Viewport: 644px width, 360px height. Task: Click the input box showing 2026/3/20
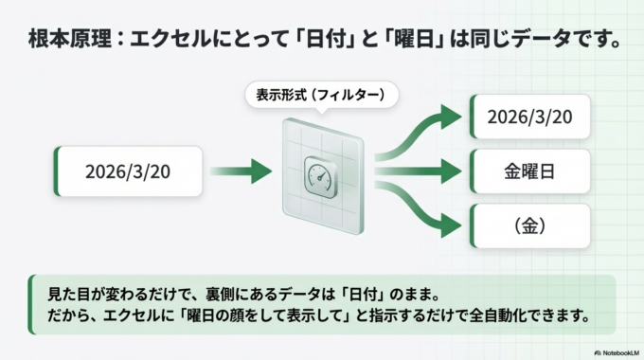coord(129,171)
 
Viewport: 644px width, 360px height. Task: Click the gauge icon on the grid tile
coord(318,173)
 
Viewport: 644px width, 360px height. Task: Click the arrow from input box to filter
coord(241,171)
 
